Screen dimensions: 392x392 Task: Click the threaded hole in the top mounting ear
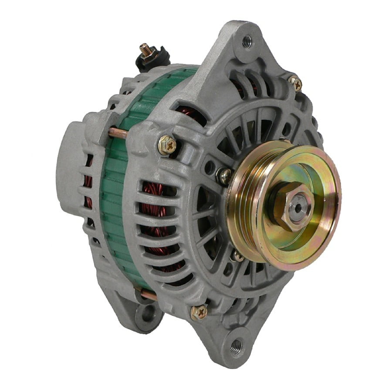pyautogui.click(x=247, y=41)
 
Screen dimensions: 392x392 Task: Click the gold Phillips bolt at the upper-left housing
pyautogui.click(x=167, y=145)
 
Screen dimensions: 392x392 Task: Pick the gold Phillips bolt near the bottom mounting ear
pyautogui.click(x=199, y=312)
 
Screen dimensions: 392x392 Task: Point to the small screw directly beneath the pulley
pyautogui.click(x=237, y=256)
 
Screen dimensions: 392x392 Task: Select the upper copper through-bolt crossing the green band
pyautogui.click(x=118, y=132)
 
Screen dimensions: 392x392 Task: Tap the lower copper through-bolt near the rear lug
pyautogui.click(x=148, y=295)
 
